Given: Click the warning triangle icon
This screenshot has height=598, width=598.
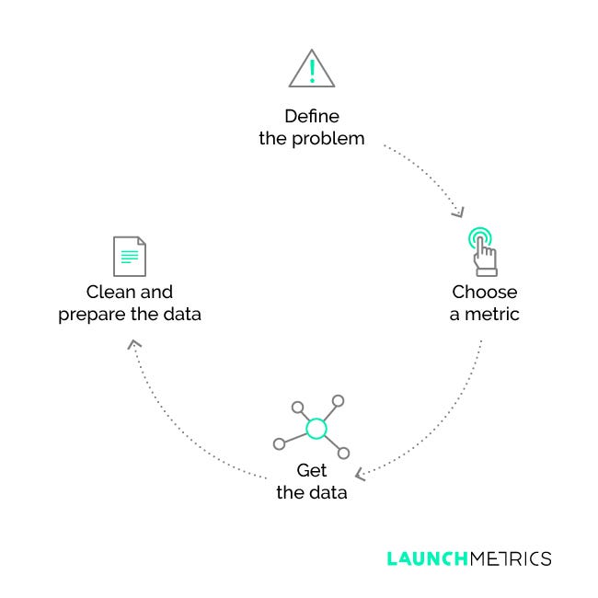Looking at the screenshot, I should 311,70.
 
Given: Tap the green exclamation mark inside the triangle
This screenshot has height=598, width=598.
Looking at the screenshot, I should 311,71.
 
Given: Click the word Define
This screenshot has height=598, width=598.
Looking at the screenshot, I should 311,117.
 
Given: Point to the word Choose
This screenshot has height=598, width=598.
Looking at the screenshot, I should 484,293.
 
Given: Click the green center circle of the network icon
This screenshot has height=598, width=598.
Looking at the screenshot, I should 316,428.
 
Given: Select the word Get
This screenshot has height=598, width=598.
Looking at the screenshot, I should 311,470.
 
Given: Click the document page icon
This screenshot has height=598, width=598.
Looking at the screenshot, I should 130,256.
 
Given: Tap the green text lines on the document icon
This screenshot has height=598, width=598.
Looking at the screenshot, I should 130,255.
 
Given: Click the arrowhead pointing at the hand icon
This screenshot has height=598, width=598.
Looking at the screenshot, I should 457,213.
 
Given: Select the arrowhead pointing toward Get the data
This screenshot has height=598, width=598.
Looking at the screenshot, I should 362,475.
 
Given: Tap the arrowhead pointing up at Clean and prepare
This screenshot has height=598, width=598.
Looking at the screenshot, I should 135,345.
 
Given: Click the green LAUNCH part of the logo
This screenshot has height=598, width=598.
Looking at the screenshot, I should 427,558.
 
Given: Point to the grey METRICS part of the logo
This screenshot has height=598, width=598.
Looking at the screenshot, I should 510,558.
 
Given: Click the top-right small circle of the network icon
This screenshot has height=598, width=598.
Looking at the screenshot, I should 338,401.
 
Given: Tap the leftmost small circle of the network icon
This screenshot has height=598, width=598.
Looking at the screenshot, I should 280,443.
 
